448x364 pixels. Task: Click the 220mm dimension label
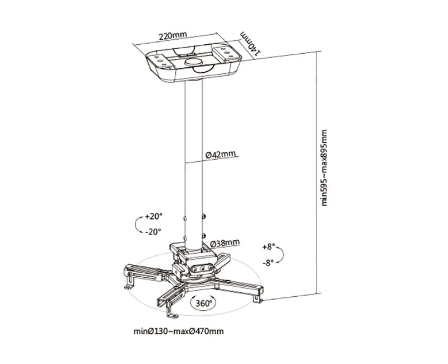(172, 36)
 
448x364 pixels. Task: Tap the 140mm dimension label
(250, 43)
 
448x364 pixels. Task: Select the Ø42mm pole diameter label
(221, 155)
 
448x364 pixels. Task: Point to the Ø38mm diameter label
(225, 243)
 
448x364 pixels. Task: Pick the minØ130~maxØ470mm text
(179, 331)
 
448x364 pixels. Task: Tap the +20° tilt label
(153, 216)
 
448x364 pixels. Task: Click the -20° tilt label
(153, 231)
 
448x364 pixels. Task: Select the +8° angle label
(269, 247)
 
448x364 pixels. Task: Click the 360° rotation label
(204, 303)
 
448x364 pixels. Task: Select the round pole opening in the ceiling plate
(192, 62)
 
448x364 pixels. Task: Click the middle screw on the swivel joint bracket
(203, 268)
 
